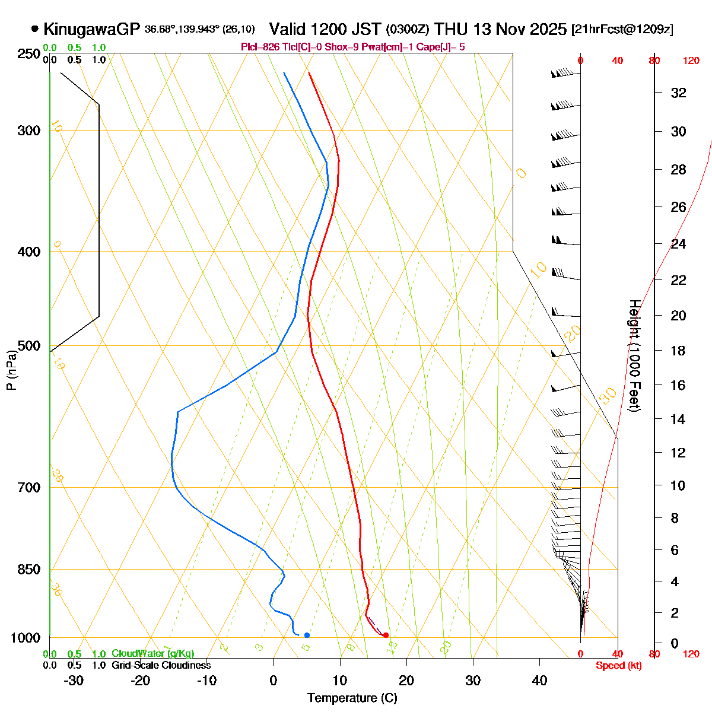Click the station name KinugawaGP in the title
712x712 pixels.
pos(91,29)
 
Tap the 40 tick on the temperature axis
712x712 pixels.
pos(539,681)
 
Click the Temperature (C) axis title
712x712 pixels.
pos(352,698)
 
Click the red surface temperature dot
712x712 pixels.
pos(386,635)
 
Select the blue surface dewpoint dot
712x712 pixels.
pos(307,635)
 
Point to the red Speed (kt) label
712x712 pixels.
pos(618,666)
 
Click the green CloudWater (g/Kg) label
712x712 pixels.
pos(152,654)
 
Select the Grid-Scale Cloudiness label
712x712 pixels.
pos(161,666)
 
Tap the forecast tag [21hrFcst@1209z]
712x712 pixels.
pos(622,30)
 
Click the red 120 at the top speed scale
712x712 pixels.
pos(691,61)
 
